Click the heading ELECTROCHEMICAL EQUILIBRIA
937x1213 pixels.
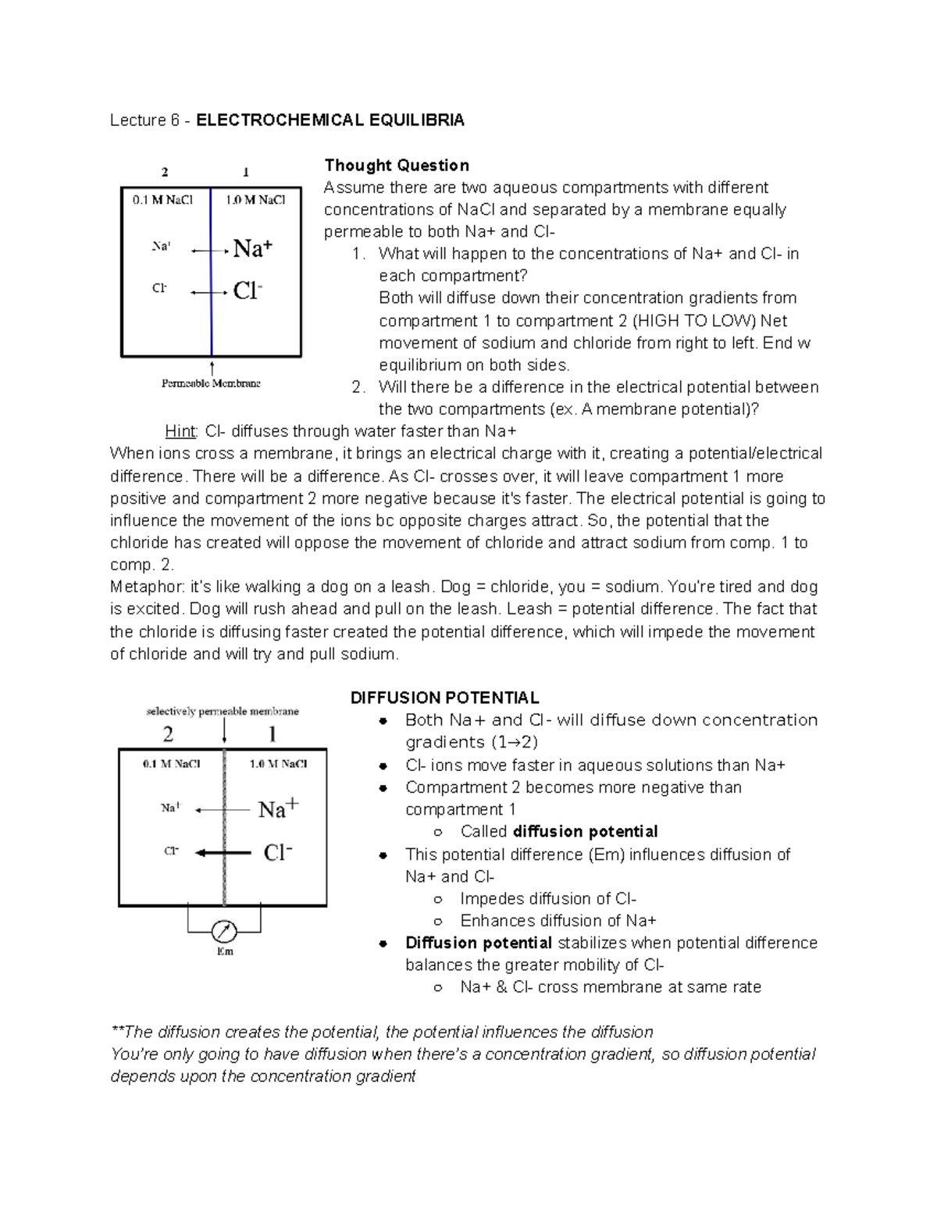(x=330, y=120)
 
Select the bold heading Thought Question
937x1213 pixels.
(x=397, y=165)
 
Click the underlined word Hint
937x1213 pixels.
(x=181, y=431)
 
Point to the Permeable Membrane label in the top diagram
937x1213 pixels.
(x=211, y=384)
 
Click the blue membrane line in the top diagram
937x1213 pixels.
(x=212, y=273)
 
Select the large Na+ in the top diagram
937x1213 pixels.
(x=253, y=249)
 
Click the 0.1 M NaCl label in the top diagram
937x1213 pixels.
(x=162, y=200)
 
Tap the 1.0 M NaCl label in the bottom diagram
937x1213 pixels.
(x=278, y=764)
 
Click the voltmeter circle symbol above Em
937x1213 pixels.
(x=225, y=931)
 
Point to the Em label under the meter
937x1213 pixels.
(x=225, y=951)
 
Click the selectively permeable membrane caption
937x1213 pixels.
(x=223, y=712)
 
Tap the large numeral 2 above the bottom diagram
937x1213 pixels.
(x=168, y=734)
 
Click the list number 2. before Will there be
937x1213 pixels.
(x=358, y=387)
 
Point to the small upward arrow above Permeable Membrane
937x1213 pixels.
(x=212, y=367)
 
